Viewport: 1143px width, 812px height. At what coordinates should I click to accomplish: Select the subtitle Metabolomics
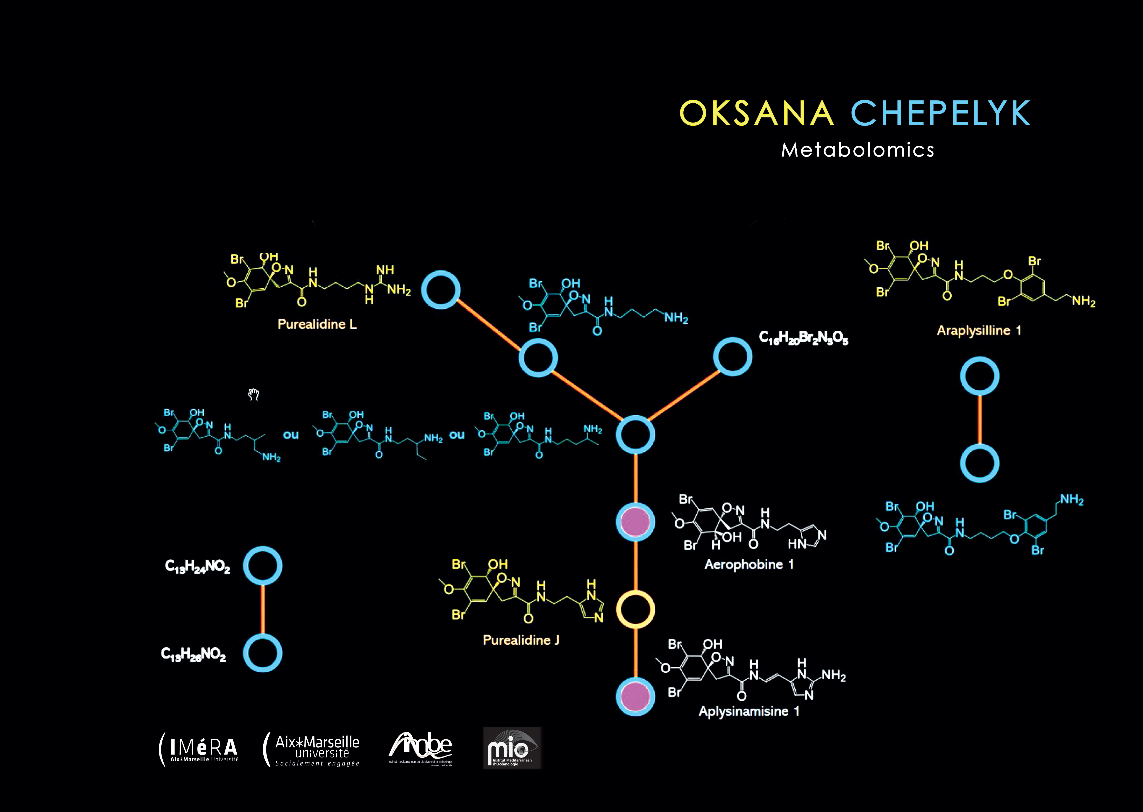[858, 150]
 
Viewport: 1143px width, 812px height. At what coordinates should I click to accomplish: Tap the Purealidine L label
[317, 325]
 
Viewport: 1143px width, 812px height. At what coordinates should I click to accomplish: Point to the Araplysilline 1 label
[978, 330]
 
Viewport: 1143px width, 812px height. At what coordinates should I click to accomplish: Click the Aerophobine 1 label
[748, 565]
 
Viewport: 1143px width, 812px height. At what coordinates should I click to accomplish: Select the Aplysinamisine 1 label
[748, 711]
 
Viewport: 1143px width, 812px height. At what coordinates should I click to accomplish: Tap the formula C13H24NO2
[198, 566]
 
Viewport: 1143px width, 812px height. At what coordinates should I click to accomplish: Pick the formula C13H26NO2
[194, 654]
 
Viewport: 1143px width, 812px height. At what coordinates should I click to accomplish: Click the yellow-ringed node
[635, 609]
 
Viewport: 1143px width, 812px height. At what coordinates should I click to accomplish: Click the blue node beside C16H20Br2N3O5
[732, 356]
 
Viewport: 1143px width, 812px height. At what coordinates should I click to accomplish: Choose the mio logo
[512, 748]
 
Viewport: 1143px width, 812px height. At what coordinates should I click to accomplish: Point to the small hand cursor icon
[254, 395]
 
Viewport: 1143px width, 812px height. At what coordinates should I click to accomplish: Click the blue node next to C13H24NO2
[262, 566]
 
